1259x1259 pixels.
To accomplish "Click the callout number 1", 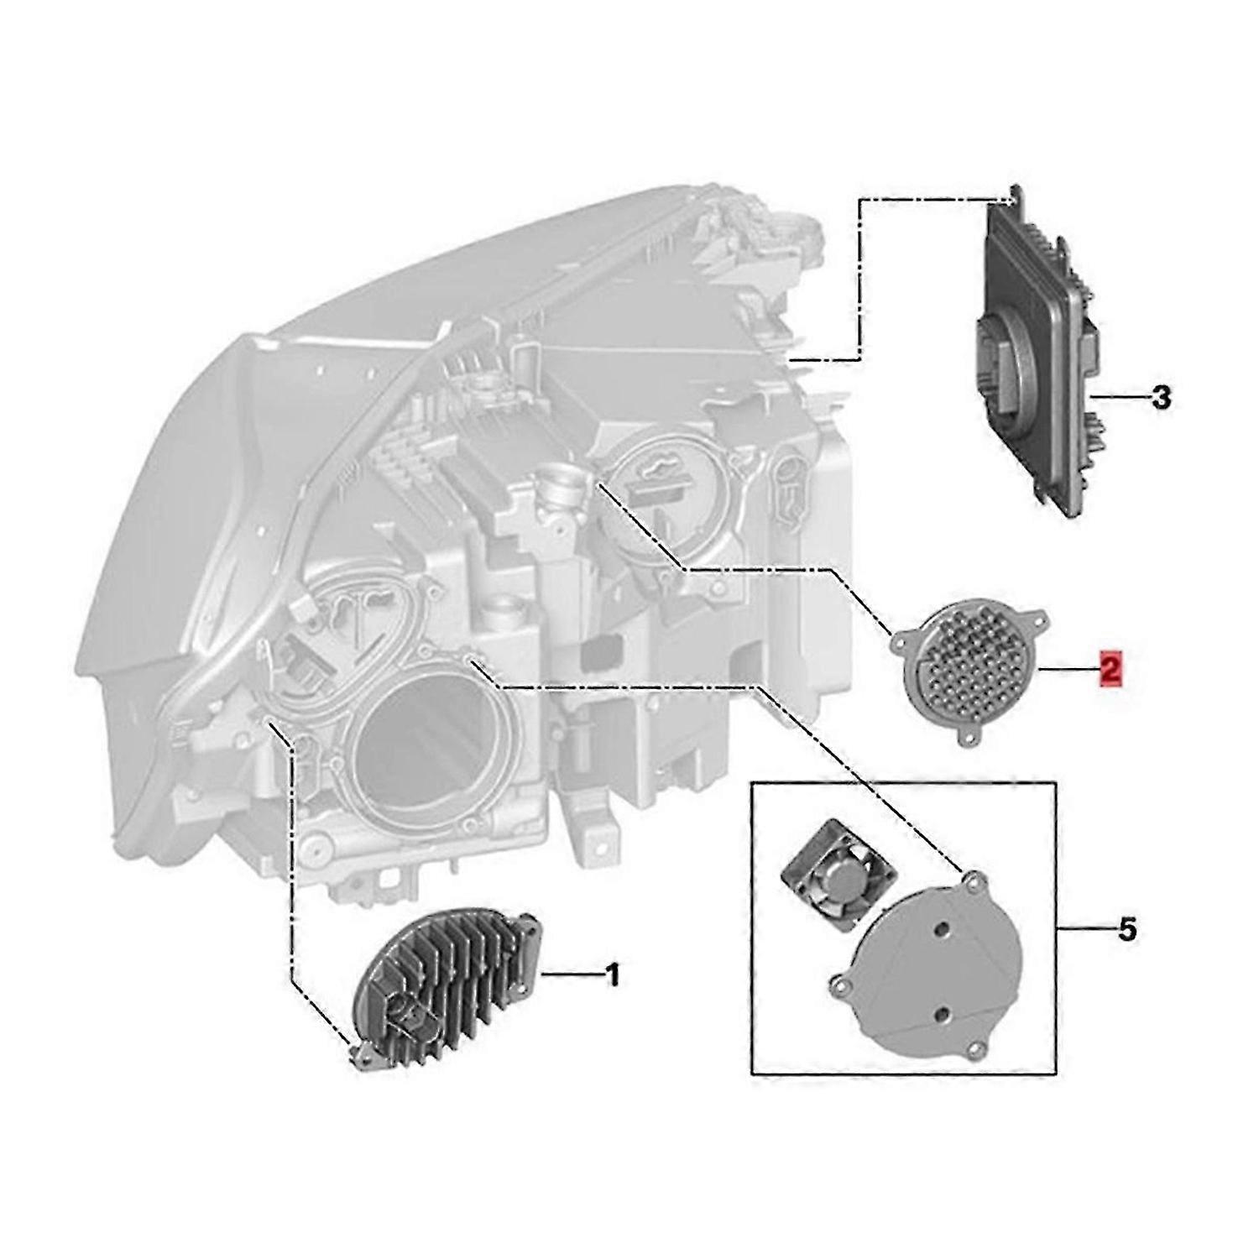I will coord(613,976).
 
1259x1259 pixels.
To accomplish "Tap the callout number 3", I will coord(1161,397).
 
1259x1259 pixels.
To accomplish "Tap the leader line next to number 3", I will coord(1121,396).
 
